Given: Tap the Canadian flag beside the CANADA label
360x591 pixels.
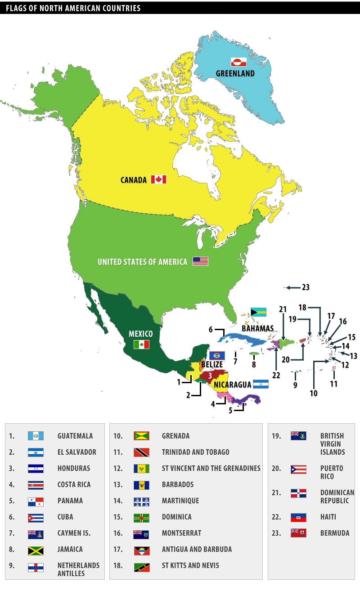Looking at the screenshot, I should (158, 179).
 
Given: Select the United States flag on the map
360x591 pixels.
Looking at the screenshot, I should (200, 261).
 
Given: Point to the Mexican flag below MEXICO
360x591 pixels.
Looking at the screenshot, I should (141, 345).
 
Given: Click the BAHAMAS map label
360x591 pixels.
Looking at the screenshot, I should (257, 328).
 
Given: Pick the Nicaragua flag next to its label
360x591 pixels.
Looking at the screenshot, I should (261, 384).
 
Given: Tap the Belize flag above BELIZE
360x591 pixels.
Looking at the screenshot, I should (217, 355).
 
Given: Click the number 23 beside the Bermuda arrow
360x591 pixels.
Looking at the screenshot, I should (306, 287).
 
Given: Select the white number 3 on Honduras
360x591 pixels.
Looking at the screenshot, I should (210, 376).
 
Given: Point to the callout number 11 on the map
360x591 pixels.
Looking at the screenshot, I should (333, 384).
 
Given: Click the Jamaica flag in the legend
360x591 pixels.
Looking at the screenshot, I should (36, 549).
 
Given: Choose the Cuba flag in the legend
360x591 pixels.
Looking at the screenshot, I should (36, 517).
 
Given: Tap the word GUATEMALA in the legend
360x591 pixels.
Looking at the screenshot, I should (75, 436).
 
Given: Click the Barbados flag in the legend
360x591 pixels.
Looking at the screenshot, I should (141, 484).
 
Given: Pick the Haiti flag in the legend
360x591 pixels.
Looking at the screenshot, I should (298, 517).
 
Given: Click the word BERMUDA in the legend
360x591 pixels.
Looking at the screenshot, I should (334, 533).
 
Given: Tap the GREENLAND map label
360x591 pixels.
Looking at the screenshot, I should (235, 73).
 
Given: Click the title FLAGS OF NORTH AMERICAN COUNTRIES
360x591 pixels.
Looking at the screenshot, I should (73, 8).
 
